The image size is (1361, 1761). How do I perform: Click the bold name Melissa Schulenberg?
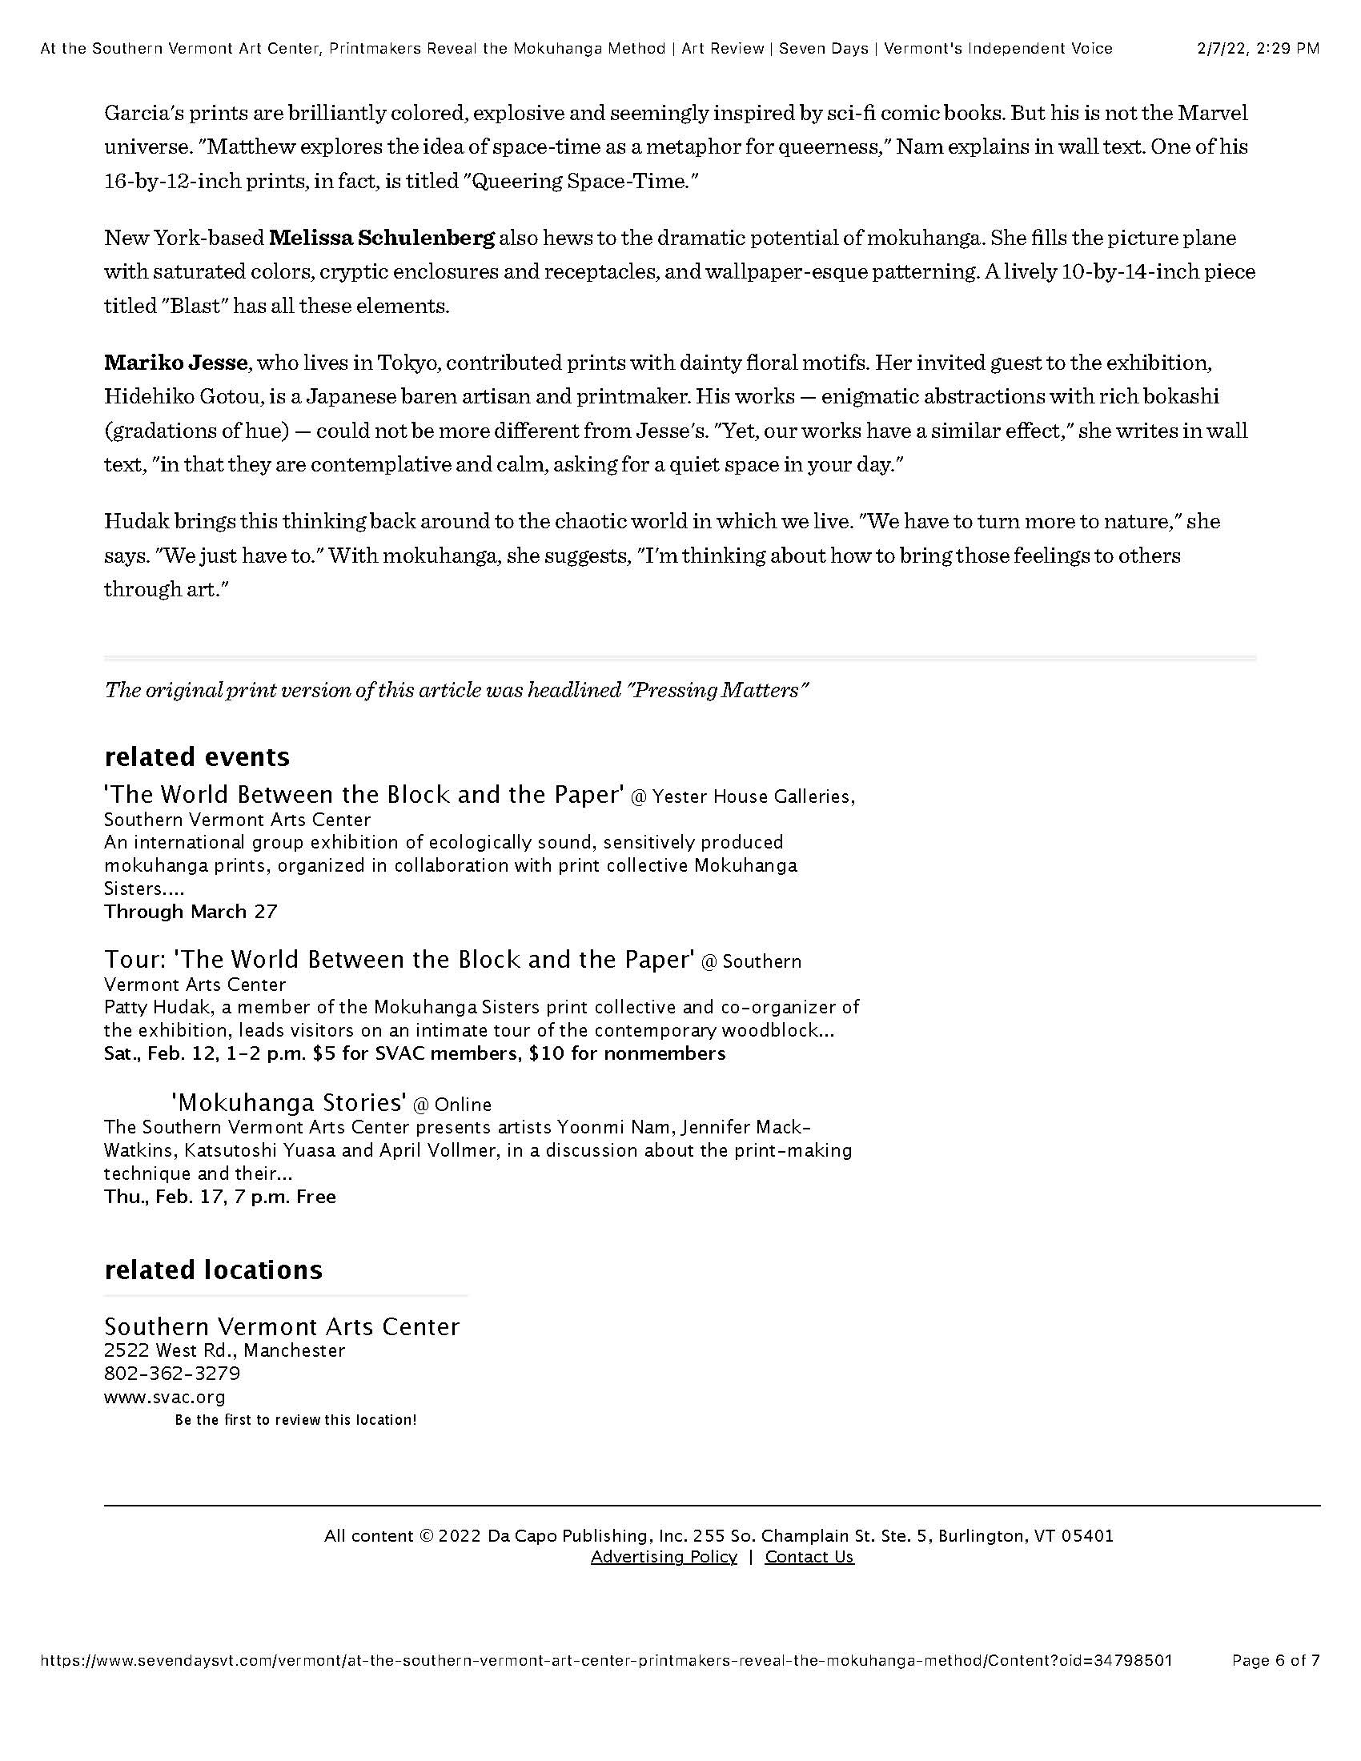point(381,238)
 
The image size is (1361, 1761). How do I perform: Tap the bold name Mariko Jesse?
point(175,363)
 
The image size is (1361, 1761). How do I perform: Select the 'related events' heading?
point(197,756)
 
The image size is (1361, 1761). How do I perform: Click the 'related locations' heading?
point(213,1270)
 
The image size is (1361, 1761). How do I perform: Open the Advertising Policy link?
point(664,1556)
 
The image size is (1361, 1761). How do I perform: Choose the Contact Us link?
point(809,1556)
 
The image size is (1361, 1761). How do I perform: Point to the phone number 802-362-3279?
point(172,1373)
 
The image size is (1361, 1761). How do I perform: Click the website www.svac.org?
point(164,1397)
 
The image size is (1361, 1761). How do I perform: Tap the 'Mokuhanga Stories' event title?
point(288,1102)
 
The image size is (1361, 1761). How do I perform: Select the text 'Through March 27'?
point(191,912)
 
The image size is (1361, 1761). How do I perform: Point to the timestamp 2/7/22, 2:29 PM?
point(1257,48)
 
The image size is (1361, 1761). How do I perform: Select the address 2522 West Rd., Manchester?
point(224,1350)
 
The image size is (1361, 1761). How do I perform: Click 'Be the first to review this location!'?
point(295,1420)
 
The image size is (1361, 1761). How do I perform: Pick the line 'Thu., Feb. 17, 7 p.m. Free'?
point(219,1197)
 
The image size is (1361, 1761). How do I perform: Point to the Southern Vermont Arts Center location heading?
point(281,1326)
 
